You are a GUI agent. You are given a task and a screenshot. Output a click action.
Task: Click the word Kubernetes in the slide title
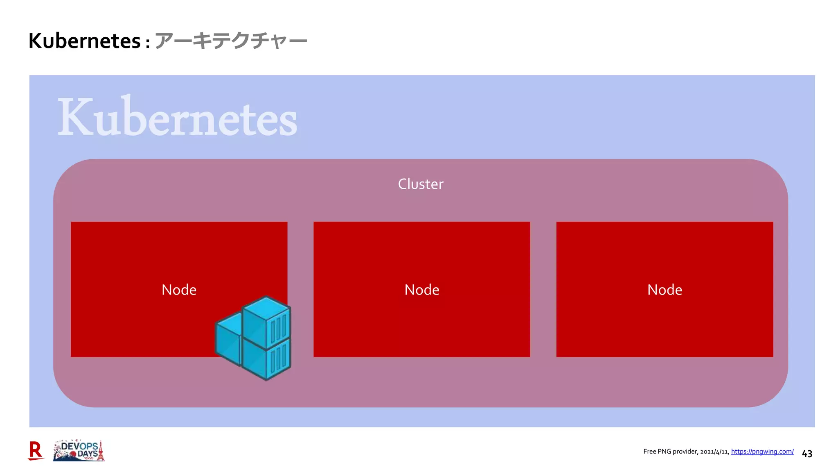point(84,41)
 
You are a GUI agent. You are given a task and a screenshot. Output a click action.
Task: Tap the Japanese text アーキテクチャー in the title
point(231,41)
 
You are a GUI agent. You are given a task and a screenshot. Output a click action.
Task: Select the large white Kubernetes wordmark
point(177,118)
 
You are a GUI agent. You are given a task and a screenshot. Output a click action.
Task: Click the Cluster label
point(420,184)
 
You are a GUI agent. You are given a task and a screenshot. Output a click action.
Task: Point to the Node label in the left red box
point(179,290)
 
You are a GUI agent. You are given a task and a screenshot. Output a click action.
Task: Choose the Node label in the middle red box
point(421,290)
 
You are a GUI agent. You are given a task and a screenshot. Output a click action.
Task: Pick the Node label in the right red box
point(665,290)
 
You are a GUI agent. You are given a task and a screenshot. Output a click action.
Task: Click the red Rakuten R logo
point(36,451)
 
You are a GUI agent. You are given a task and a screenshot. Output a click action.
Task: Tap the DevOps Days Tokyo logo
point(79,451)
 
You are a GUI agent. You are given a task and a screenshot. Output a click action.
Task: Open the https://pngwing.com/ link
point(762,452)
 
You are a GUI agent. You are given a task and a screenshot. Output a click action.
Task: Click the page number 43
point(807,454)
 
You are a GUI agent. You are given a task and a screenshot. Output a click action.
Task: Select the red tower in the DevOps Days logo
point(101,452)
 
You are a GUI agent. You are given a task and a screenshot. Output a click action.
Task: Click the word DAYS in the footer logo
point(88,454)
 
